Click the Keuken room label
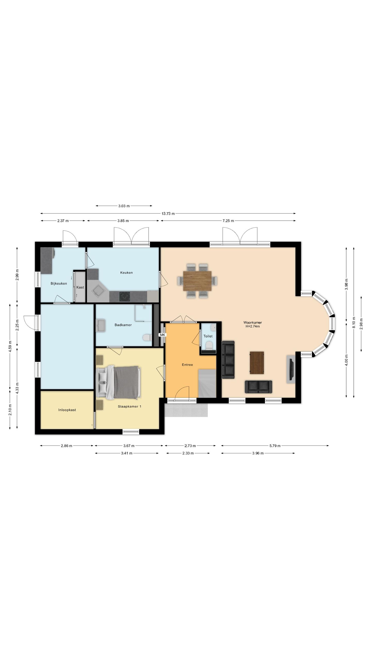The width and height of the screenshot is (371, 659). tap(126, 273)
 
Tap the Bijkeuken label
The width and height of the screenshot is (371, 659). tap(59, 283)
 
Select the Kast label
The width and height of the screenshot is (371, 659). tap(80, 287)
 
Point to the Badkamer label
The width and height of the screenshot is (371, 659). tap(123, 325)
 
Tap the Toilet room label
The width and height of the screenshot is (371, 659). tap(208, 336)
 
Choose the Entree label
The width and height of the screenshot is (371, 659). tap(187, 365)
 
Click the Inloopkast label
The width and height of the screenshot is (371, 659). tap(67, 410)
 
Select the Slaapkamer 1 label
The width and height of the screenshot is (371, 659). tap(130, 406)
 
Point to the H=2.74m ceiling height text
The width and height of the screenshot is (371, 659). tap(252, 326)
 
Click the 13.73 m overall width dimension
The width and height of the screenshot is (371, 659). tap(168, 213)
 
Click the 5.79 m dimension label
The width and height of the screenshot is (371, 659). tap(275, 446)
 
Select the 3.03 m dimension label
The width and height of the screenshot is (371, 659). tap(124, 206)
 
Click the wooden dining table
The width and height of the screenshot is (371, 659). tap(197, 281)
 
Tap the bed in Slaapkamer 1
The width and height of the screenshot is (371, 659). tap(119, 383)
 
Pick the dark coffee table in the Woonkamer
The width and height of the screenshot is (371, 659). tap(257, 363)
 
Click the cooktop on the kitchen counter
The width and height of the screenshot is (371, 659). tap(125, 297)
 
